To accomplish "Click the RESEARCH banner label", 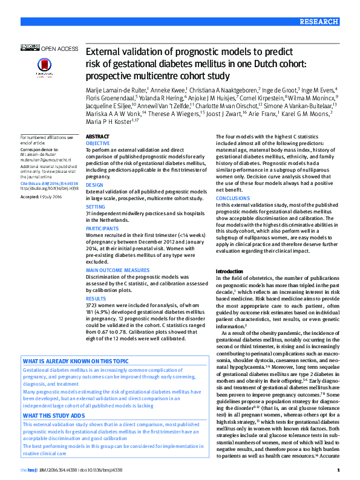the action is click(319, 21).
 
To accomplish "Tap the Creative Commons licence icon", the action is click(30, 47).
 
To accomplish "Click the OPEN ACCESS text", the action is click(59, 48).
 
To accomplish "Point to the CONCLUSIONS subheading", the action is click(232, 198).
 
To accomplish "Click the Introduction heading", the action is click(229, 271).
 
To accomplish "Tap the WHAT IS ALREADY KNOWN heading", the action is click(76, 360).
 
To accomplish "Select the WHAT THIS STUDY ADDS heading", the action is click(54, 416).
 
